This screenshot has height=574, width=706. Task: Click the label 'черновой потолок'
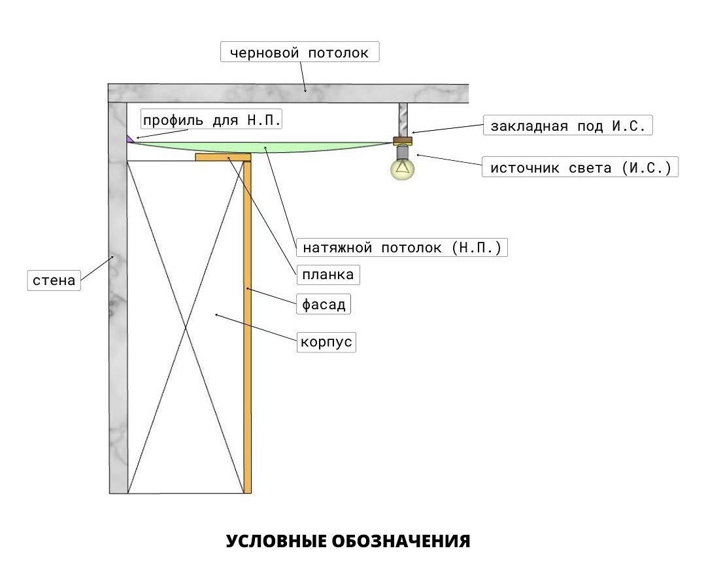point(299,52)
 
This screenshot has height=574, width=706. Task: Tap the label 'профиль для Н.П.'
point(212,120)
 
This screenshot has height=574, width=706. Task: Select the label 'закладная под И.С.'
point(567,126)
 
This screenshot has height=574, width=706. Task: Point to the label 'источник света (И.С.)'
point(580,167)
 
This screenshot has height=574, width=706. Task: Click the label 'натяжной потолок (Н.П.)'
point(402,248)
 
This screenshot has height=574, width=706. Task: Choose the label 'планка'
point(328,275)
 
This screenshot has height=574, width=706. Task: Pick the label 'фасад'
point(323,304)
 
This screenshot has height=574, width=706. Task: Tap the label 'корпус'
point(326,342)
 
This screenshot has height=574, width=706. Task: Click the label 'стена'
point(54,281)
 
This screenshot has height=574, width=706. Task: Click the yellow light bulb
point(403,169)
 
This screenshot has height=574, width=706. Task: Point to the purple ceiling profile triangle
point(130,139)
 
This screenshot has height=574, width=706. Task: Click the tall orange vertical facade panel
point(247,327)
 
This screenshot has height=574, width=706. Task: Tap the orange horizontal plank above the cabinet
point(223,157)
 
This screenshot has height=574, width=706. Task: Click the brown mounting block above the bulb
point(403,140)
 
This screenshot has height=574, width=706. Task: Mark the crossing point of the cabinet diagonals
point(188,327)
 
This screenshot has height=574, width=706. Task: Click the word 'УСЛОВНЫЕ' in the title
point(275,541)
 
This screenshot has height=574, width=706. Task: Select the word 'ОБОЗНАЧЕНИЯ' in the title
point(401,541)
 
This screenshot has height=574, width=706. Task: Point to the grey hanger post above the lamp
point(403,119)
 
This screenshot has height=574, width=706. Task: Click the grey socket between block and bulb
point(403,151)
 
